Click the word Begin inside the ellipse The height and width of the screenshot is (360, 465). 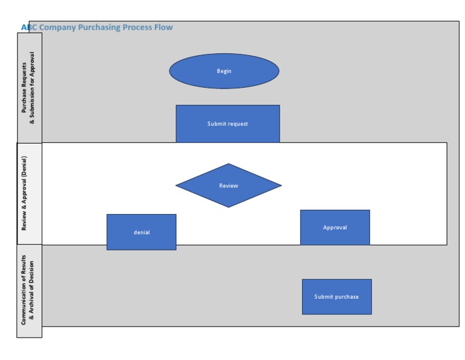tap(224, 71)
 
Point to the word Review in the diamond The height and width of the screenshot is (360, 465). tap(228, 185)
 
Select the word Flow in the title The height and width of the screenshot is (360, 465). tap(163, 27)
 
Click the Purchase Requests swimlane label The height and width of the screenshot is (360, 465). tap(28, 88)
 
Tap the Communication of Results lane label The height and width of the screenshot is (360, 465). tap(28, 292)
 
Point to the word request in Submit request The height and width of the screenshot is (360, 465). tap(238, 124)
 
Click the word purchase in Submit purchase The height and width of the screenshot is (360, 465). tap(346, 297)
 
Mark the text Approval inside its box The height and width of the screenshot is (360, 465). tap(335, 228)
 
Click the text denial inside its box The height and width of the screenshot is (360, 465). tap(141, 232)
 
